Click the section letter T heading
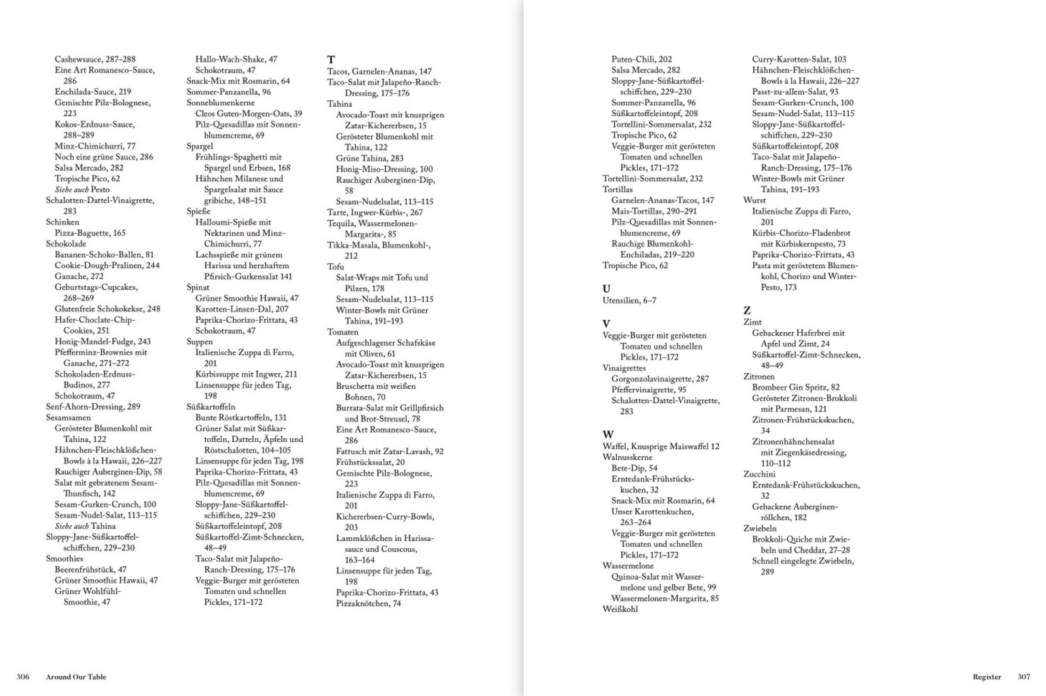point(331,59)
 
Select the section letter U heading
point(606,288)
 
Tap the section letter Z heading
point(747,310)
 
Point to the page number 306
point(23,677)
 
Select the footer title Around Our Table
point(76,677)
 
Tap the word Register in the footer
point(987,677)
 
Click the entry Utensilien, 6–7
point(629,300)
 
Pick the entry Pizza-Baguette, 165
point(90,233)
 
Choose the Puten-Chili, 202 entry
point(641,59)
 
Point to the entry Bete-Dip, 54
point(634,468)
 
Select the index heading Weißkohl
point(620,609)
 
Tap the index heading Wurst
point(754,200)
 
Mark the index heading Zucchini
point(760,474)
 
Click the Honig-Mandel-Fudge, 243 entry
point(103,341)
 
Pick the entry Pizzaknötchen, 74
point(368,603)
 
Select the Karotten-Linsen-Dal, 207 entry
point(242,309)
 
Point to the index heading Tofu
point(335,266)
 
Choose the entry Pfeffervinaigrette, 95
point(648,389)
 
